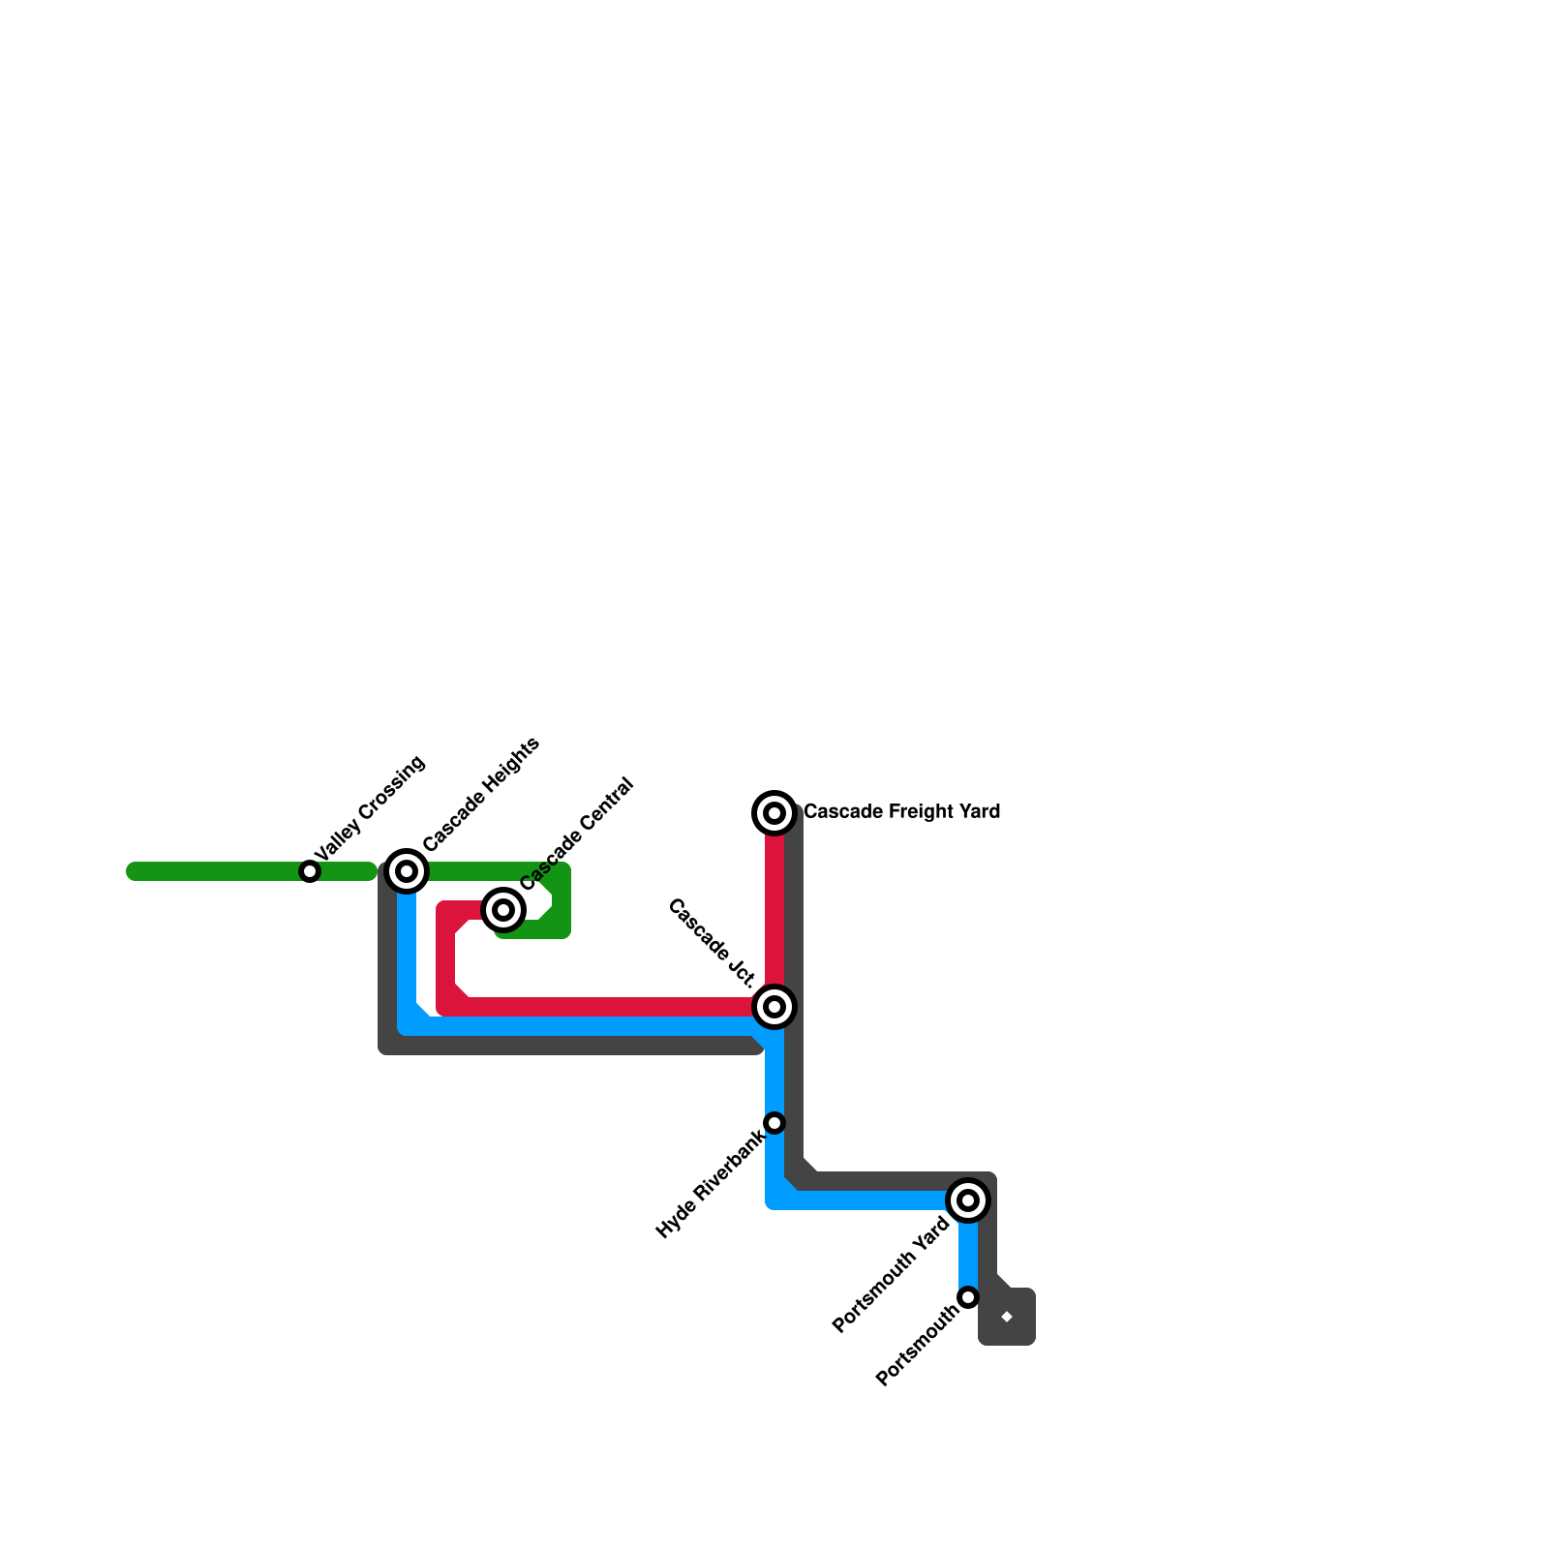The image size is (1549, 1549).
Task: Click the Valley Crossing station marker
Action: [310, 871]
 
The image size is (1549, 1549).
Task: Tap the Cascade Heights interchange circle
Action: [408, 871]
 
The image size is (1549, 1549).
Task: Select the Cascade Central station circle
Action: [503, 909]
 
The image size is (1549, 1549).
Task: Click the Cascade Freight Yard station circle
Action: [774, 813]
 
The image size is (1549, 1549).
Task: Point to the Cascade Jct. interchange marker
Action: [774, 1007]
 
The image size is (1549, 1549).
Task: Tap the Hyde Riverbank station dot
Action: [774, 1123]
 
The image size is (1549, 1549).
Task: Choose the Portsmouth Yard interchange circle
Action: [968, 1200]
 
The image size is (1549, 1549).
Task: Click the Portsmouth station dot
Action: [968, 1297]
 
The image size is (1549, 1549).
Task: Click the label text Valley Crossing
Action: [370, 808]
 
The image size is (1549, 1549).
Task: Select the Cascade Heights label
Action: [481, 795]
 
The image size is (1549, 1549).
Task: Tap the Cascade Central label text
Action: [576, 834]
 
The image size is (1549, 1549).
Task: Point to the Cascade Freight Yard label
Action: [901, 811]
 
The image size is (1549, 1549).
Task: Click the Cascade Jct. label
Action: [712, 944]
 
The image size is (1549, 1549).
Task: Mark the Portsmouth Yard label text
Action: [891, 1275]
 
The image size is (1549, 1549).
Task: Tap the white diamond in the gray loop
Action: [1007, 1317]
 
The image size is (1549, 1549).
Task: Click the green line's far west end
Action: [134, 871]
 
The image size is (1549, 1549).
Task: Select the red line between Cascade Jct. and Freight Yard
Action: [774, 910]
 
